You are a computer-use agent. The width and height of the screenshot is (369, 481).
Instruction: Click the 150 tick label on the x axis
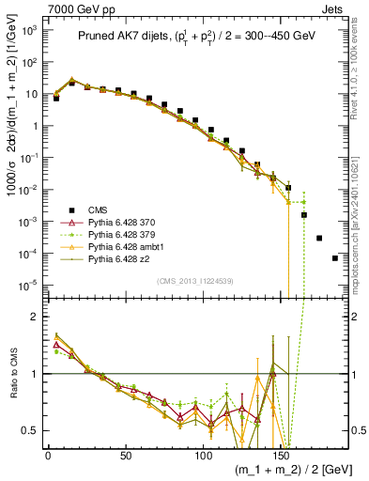(x=280, y=454)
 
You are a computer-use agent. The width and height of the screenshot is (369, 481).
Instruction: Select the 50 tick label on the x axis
(x=125, y=454)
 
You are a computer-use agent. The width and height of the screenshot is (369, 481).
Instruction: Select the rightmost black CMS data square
(x=335, y=258)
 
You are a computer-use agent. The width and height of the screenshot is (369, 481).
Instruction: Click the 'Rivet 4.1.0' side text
(x=358, y=85)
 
